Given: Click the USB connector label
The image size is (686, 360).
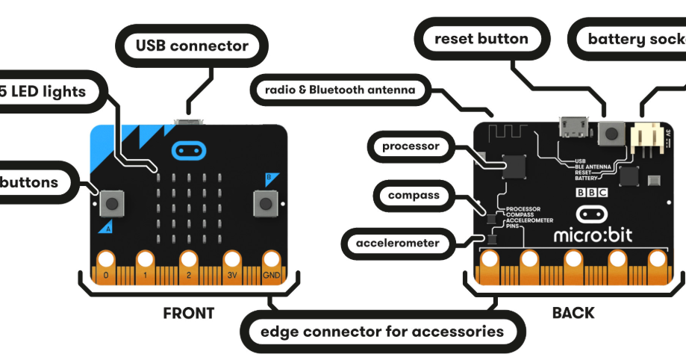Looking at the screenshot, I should coord(192,46).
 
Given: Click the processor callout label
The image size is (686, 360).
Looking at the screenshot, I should coord(411,146).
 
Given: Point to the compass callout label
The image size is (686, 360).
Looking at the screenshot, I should coord(413,196).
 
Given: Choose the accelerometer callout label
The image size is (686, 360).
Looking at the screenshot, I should coord(397,243).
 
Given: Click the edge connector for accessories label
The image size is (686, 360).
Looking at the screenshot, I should coord(382,331).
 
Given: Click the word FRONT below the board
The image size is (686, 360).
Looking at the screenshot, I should coord(188,313).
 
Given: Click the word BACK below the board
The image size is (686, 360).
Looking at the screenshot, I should coord(573,313).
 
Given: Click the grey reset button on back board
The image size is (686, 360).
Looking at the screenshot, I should coord(612,134).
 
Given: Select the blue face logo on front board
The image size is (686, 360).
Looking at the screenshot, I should coord(189,149).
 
